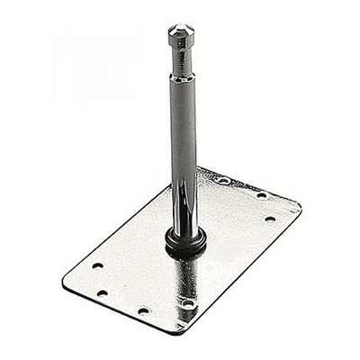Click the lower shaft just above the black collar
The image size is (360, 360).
pyautogui.click(x=184, y=220)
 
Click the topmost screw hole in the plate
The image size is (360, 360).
pyautogui.click(x=223, y=181)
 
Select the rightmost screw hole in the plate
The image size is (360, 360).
pyautogui.click(x=269, y=218)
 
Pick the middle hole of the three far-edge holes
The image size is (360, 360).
pyautogui.click(x=261, y=194)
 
